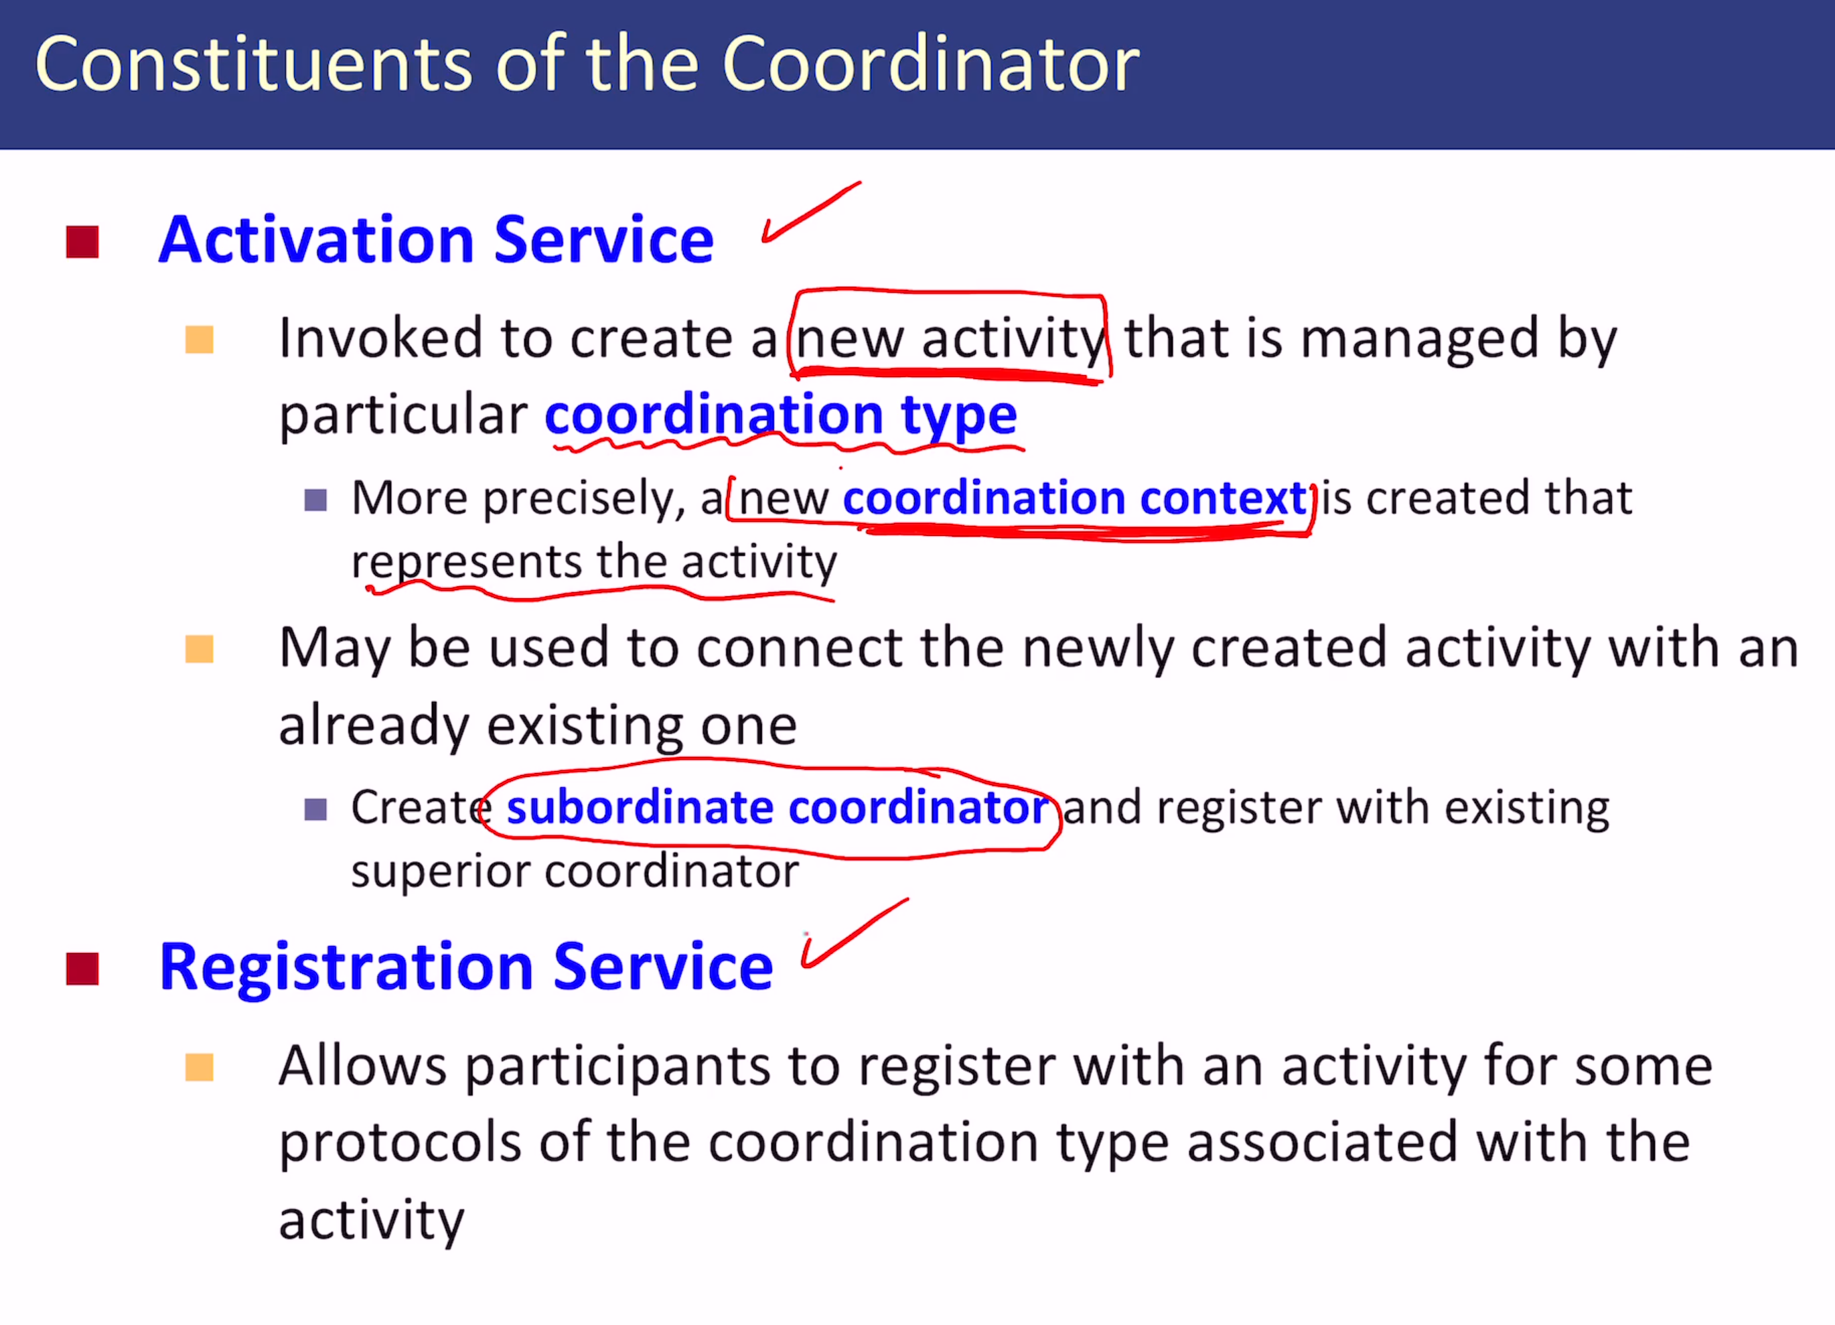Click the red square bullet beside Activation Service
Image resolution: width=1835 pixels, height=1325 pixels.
point(82,242)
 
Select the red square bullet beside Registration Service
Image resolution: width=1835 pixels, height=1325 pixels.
point(82,969)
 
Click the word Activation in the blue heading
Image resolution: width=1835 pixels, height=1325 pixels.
point(316,240)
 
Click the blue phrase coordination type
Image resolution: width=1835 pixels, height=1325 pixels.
point(781,416)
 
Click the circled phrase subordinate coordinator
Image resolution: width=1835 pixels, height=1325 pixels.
point(778,807)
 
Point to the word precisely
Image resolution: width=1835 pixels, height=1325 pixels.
point(579,498)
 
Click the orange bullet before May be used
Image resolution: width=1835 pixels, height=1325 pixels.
point(199,649)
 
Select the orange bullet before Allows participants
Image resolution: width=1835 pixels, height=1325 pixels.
point(199,1068)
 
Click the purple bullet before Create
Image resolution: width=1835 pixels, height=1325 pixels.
point(315,809)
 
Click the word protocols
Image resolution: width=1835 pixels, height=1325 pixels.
point(400,1143)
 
